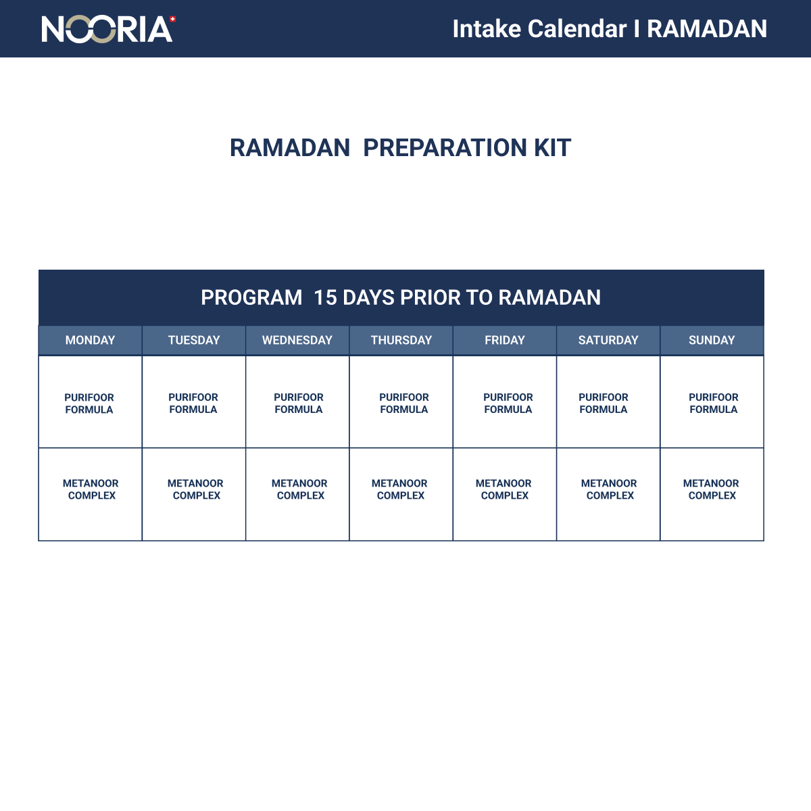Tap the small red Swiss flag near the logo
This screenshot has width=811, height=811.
(x=173, y=19)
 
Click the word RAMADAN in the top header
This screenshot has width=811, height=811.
(x=707, y=29)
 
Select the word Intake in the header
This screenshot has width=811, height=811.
(x=486, y=29)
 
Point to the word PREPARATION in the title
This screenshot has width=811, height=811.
(x=445, y=147)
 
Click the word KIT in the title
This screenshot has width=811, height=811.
(x=552, y=147)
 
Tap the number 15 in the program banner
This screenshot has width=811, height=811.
(x=325, y=297)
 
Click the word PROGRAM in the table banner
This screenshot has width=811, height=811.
(x=251, y=297)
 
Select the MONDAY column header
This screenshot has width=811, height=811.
(x=90, y=340)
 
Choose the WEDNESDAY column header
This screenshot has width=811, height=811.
(x=297, y=340)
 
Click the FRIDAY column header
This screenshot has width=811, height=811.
(x=505, y=340)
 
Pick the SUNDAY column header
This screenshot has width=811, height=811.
(x=712, y=340)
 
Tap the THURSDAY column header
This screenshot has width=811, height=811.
(x=401, y=340)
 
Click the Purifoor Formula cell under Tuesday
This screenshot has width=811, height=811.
(x=193, y=403)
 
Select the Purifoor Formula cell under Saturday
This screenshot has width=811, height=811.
(x=604, y=403)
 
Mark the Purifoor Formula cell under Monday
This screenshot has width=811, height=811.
(x=89, y=403)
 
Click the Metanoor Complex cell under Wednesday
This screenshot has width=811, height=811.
(x=299, y=489)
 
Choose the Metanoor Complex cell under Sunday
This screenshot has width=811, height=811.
(x=711, y=489)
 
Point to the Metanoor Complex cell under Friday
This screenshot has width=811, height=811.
(x=503, y=489)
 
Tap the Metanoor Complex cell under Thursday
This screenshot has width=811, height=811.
(x=399, y=489)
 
